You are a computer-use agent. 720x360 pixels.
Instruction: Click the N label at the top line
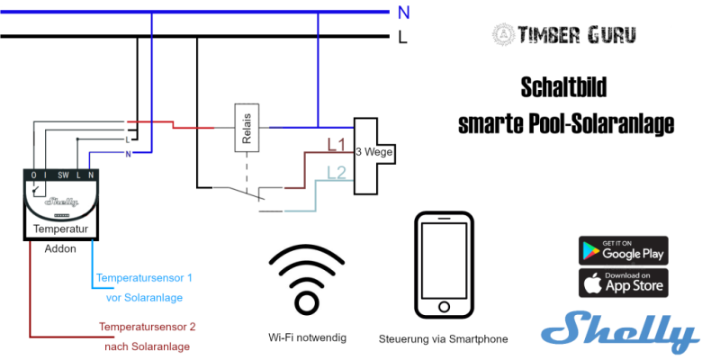click(404, 12)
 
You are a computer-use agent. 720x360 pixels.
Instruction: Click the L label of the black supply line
click(404, 37)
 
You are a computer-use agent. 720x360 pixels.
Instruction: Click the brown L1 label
click(336, 143)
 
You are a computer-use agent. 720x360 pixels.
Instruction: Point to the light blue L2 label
click(336, 171)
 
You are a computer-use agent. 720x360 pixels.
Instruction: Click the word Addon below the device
click(60, 248)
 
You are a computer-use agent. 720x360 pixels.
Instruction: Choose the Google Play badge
click(622, 250)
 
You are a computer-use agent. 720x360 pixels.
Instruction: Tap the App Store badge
click(622, 283)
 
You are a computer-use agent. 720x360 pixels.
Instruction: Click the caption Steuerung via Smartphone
click(443, 339)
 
